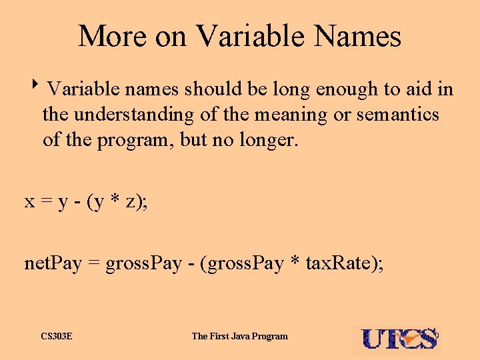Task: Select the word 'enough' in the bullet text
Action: [x=355, y=89]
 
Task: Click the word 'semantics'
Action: [x=398, y=115]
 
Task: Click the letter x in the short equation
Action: [x=30, y=203]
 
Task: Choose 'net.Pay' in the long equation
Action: [x=53, y=263]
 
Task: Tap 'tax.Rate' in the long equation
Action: [x=340, y=263]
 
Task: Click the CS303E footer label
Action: [x=57, y=336]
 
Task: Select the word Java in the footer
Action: [x=241, y=336]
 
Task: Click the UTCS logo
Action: [x=399, y=339]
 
